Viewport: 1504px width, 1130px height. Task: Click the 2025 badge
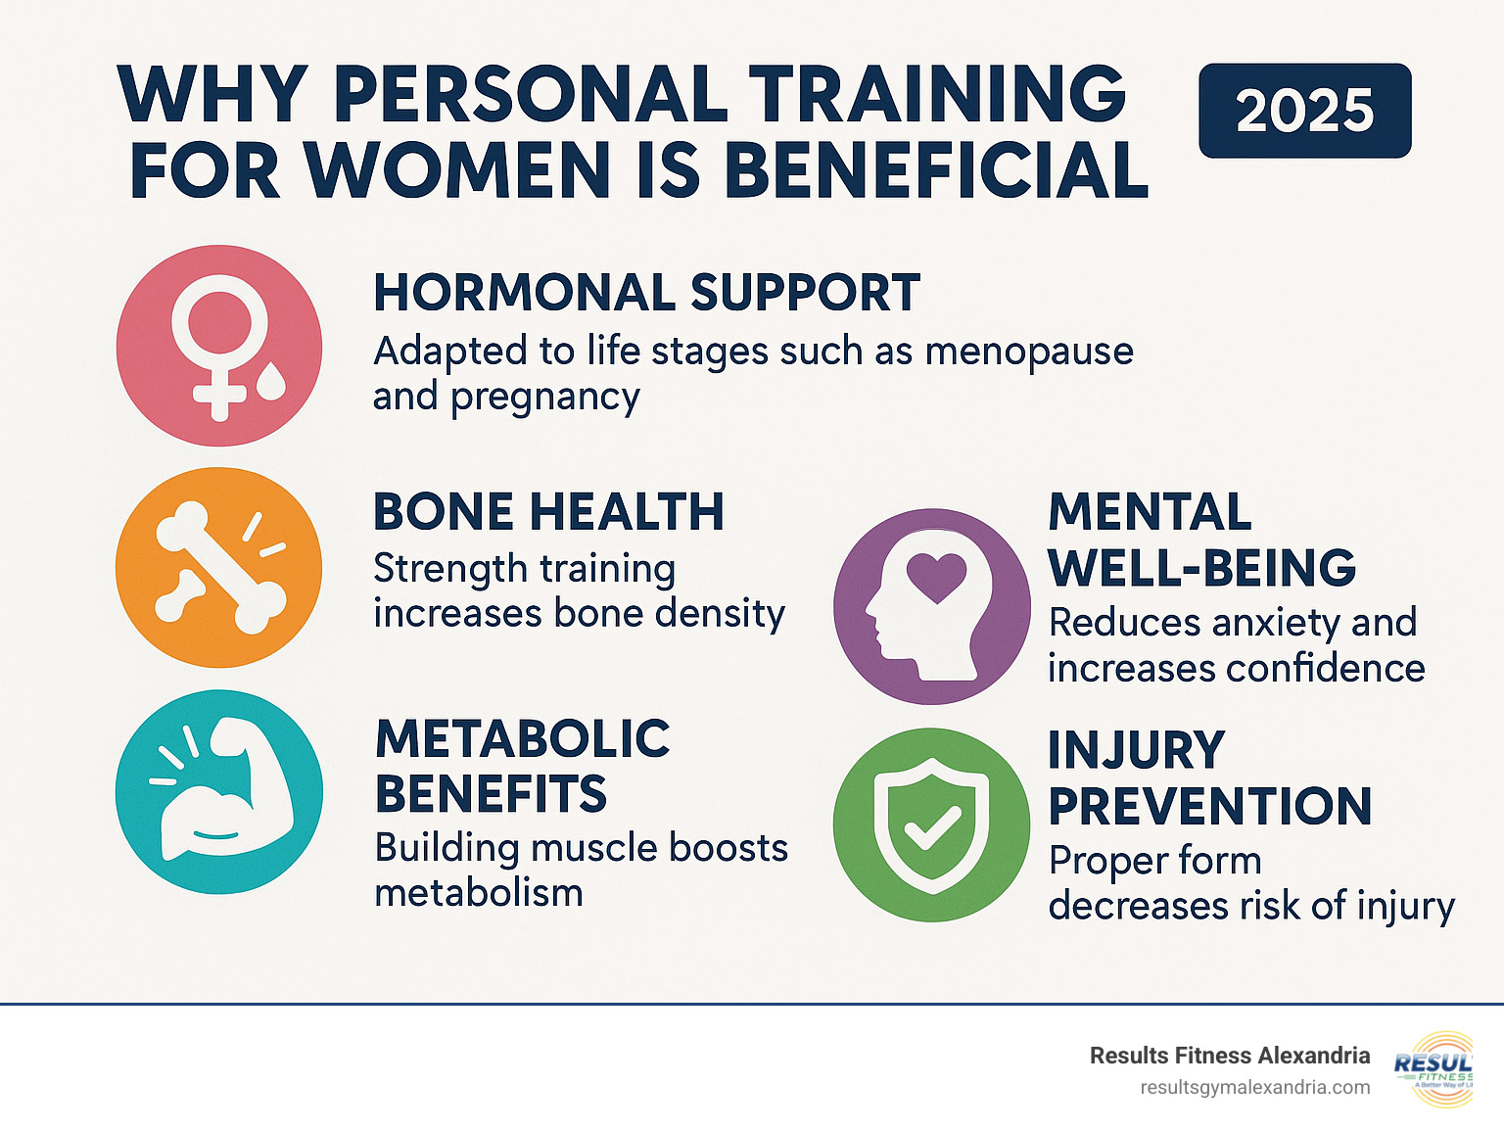(1304, 111)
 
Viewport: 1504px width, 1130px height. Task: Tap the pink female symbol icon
(219, 346)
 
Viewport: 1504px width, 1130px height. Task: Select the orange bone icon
(219, 568)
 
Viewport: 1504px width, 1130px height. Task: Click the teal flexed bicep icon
(219, 791)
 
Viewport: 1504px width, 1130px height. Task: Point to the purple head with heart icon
(931, 606)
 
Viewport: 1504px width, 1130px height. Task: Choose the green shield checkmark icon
(931, 824)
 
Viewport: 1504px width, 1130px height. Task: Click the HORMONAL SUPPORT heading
(646, 293)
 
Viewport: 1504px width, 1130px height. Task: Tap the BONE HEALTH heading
(548, 512)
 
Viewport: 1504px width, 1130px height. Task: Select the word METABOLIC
(523, 739)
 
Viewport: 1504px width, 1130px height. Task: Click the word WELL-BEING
(1201, 568)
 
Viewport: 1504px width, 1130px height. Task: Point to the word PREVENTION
(1209, 807)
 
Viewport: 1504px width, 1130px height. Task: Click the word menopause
(1028, 351)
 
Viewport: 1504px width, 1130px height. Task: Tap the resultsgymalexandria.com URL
(1255, 1088)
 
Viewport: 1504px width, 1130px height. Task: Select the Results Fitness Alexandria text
(1229, 1056)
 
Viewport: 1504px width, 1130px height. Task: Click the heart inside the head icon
(936, 575)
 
